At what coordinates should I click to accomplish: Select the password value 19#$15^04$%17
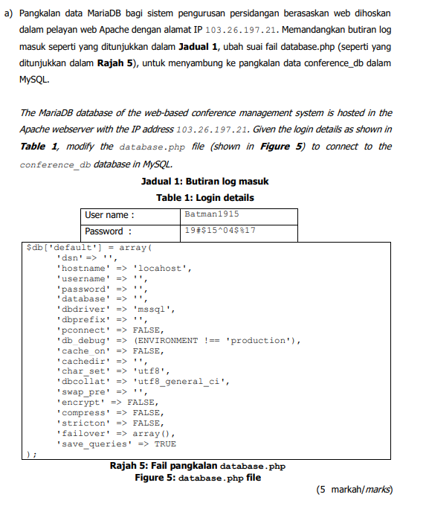(221, 231)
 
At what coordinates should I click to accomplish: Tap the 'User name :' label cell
(111, 216)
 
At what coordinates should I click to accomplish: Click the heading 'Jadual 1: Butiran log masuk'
(204, 182)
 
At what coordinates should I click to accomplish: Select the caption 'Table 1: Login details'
(204, 197)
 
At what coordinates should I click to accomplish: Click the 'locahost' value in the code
(161, 268)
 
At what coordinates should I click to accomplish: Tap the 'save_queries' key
(92, 443)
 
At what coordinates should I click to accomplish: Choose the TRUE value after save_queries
(165, 443)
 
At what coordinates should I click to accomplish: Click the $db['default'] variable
(63, 247)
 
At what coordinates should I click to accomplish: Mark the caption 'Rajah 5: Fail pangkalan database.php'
(197, 466)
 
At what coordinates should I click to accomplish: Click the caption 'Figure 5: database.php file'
(198, 478)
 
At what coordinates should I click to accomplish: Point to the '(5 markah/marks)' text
(354, 490)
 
